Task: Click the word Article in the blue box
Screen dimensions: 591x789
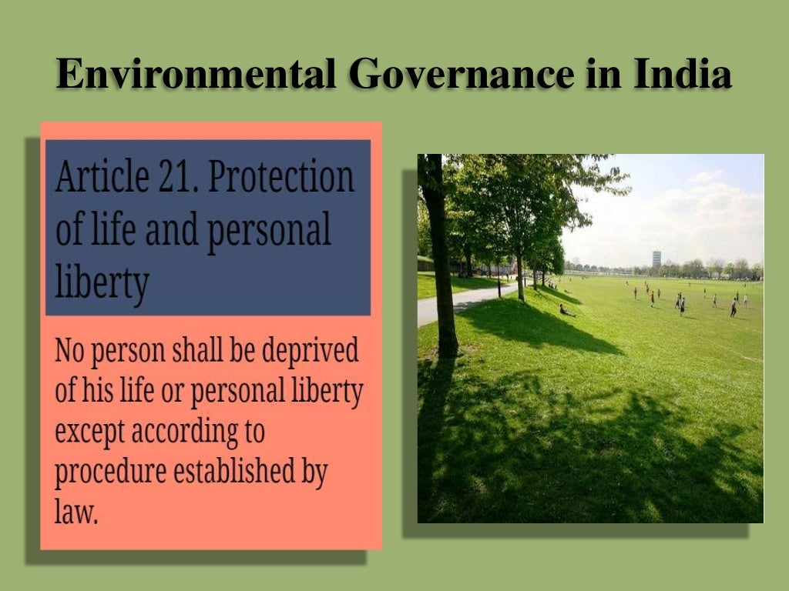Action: tap(96, 178)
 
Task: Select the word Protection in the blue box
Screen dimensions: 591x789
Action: tap(281, 178)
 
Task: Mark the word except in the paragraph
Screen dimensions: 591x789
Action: tap(89, 432)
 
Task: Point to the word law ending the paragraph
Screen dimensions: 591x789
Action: tap(76, 512)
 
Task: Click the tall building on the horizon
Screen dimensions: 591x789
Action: tap(656, 259)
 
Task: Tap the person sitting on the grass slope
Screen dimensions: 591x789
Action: tap(565, 310)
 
